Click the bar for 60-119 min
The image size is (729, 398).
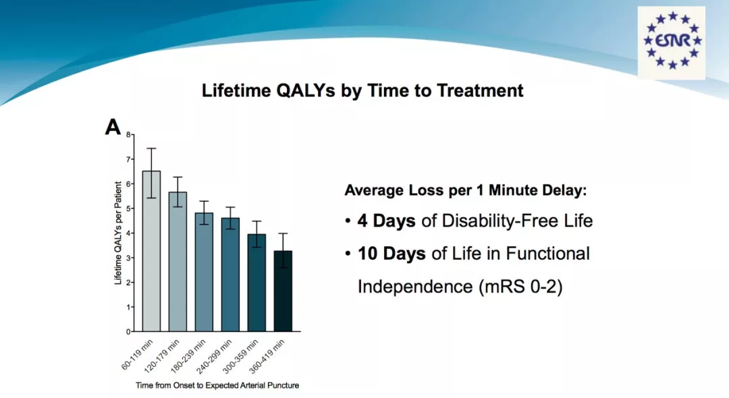(152, 251)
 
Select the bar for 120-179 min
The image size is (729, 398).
(178, 262)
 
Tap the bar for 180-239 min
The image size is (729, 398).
(204, 272)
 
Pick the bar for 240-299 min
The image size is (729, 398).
(231, 275)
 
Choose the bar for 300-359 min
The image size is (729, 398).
(256, 283)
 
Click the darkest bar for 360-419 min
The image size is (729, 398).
(283, 291)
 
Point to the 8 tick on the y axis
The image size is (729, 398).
(129, 135)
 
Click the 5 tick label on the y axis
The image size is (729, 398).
(129, 208)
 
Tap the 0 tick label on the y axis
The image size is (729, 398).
(129, 332)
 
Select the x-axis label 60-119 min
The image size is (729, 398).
(137, 355)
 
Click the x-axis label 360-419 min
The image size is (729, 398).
(267, 356)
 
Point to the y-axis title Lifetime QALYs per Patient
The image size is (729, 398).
(117, 233)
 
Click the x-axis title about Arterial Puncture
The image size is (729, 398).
(217, 385)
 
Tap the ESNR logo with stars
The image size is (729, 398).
(672, 42)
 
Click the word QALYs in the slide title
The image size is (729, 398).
(306, 90)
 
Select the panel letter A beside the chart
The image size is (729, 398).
(113, 127)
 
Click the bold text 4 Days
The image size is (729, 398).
(386, 221)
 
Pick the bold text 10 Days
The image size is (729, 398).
(391, 254)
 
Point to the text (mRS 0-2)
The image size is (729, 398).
(520, 287)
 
